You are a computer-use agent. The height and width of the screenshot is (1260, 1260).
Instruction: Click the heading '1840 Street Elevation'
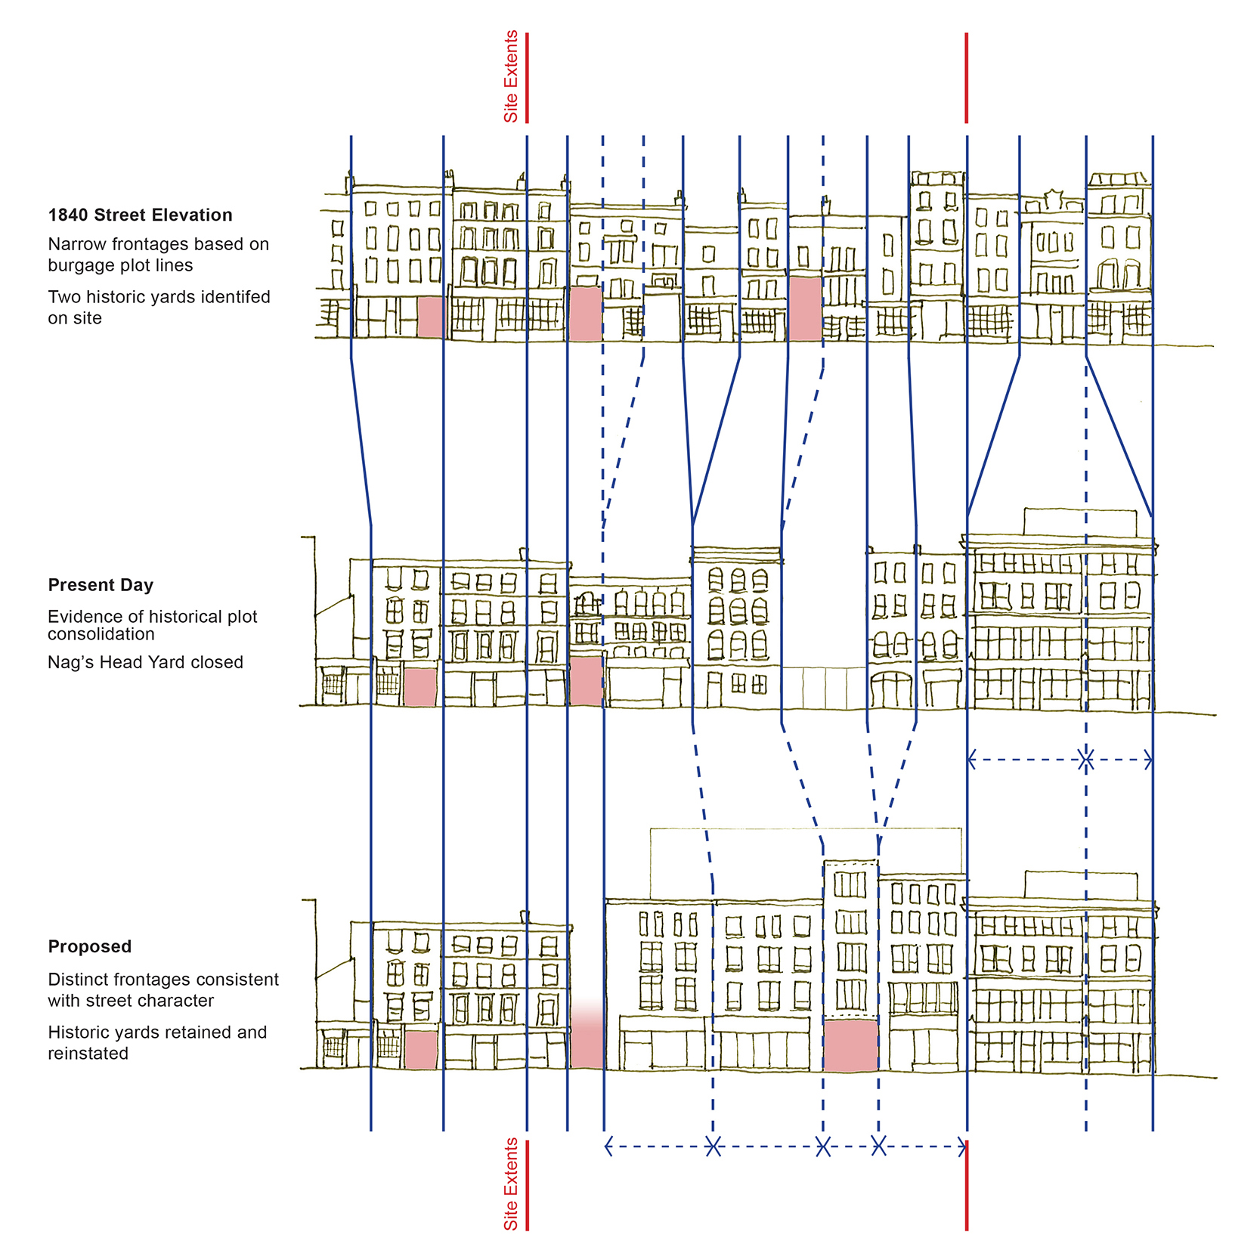point(140,215)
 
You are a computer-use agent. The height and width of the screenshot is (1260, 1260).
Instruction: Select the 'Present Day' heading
point(101,585)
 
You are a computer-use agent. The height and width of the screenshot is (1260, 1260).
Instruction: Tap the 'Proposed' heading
point(89,946)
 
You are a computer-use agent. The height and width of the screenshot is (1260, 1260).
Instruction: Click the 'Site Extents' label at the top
point(511,76)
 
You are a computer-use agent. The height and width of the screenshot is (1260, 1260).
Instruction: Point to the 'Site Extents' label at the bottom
point(511,1184)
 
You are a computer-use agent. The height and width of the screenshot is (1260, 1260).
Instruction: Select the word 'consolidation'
point(101,634)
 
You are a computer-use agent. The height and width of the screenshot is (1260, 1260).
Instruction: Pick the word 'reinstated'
point(88,1054)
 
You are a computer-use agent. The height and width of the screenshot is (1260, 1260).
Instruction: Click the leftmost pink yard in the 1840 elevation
point(430,317)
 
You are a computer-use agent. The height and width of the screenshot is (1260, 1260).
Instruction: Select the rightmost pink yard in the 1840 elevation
point(805,308)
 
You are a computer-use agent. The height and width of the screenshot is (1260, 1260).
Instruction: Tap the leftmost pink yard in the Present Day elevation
point(420,686)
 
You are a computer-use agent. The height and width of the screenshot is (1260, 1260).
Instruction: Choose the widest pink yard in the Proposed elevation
point(850,1045)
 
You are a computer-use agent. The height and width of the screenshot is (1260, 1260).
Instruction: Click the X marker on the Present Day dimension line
point(1086,760)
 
